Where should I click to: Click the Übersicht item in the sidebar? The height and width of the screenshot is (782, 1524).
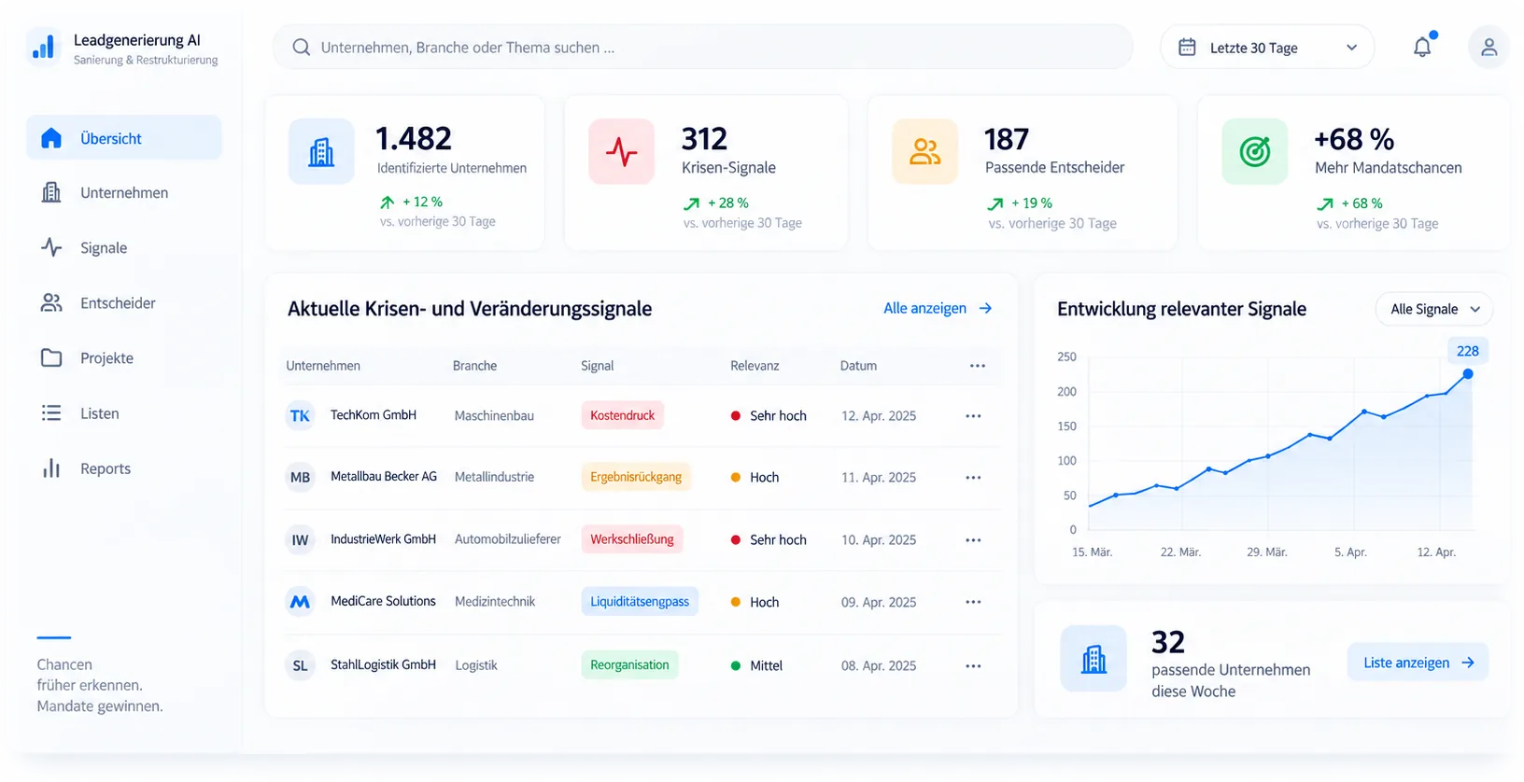click(x=124, y=138)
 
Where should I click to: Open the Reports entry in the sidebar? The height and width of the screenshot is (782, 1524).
click(x=105, y=468)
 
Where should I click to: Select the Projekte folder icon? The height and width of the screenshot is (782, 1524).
click(x=51, y=357)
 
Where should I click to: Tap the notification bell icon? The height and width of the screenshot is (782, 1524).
click(x=1422, y=47)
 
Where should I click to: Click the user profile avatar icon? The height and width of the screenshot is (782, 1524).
click(x=1489, y=47)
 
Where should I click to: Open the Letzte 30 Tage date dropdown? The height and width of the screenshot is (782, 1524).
click(x=1267, y=48)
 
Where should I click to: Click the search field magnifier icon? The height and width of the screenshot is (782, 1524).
click(x=301, y=47)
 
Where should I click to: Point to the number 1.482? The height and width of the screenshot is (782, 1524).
click(x=414, y=139)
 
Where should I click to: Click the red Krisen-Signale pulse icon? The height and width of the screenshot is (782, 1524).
click(x=621, y=151)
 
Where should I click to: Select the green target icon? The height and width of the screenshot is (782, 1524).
click(x=1254, y=151)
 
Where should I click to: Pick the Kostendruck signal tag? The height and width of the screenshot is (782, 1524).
click(x=622, y=415)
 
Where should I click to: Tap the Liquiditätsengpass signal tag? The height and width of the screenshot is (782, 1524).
click(x=640, y=602)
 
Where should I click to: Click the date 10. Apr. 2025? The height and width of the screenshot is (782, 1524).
click(x=879, y=540)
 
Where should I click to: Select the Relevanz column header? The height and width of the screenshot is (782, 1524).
click(x=755, y=366)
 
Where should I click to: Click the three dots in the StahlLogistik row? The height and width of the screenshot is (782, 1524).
click(x=973, y=665)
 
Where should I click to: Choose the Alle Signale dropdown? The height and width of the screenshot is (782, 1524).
click(x=1434, y=310)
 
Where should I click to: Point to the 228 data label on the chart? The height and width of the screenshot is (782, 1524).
click(x=1468, y=351)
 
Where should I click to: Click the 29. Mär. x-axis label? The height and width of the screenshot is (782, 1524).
click(x=1267, y=552)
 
